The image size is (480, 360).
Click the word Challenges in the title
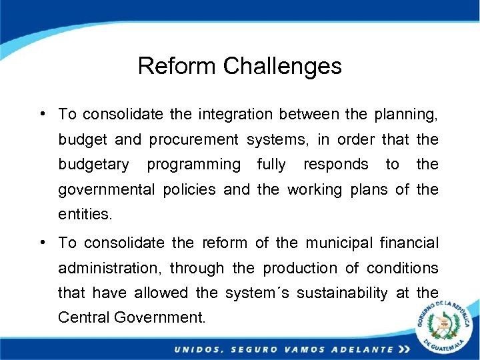(283, 66)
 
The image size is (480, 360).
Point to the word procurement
(193, 139)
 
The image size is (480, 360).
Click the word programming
(193, 165)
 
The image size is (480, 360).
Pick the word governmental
(107, 189)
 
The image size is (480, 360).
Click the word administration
(110, 268)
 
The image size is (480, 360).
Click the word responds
(335, 165)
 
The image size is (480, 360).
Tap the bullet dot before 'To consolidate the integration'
(42, 113)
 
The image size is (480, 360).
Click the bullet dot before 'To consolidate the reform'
(42, 243)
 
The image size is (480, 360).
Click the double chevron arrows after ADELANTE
(404, 349)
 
